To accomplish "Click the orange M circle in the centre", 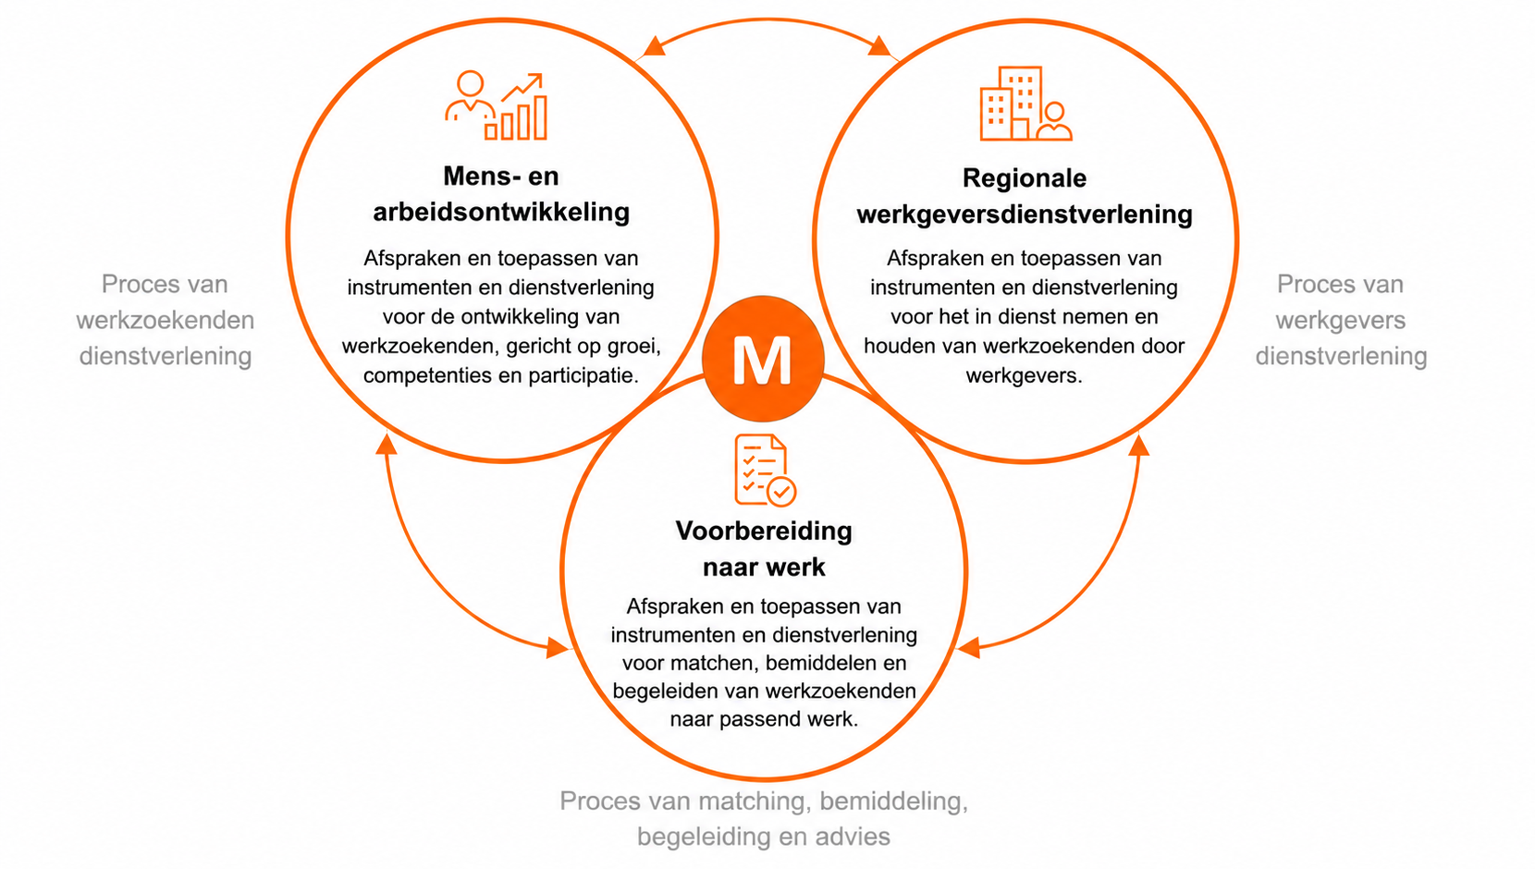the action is (763, 359).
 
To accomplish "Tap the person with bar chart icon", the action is (497, 105).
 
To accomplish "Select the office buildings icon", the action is (1025, 104).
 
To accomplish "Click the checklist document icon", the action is (765, 471).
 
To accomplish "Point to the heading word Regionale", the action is (1025, 178).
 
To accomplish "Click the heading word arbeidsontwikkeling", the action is (501, 212).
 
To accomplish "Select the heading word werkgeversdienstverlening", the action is (1025, 214).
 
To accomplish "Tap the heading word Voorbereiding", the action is (764, 532).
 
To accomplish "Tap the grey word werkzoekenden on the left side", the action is (166, 320).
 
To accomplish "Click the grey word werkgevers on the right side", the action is (1341, 321).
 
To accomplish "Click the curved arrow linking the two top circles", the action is (767, 21).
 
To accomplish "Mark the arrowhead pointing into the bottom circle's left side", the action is (557, 646).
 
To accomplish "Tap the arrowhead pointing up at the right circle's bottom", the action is (1139, 446).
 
